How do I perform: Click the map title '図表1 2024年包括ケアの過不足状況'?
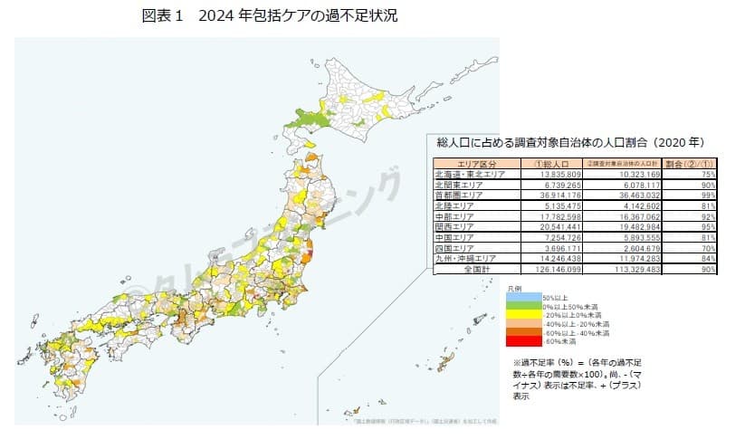tap(270, 15)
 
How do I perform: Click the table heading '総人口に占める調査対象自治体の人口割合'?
tap(570, 143)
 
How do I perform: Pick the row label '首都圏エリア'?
tap(460, 195)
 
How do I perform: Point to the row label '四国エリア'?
tap(457, 246)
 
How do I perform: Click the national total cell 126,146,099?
tap(530, 268)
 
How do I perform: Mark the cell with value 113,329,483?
tap(621, 268)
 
